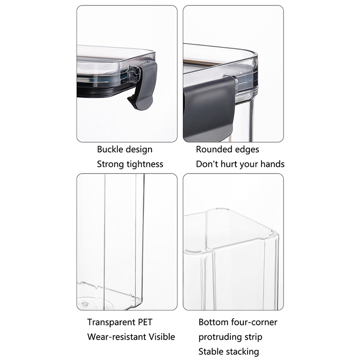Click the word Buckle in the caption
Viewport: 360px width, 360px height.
point(109,149)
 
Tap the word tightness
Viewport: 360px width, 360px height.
point(145,164)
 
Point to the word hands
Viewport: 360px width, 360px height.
point(273,164)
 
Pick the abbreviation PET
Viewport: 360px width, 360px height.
point(145,322)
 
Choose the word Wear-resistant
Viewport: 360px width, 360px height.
point(117,337)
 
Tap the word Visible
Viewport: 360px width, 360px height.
point(162,337)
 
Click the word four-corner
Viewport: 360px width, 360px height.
point(254,322)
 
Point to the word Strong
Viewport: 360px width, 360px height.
point(110,164)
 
